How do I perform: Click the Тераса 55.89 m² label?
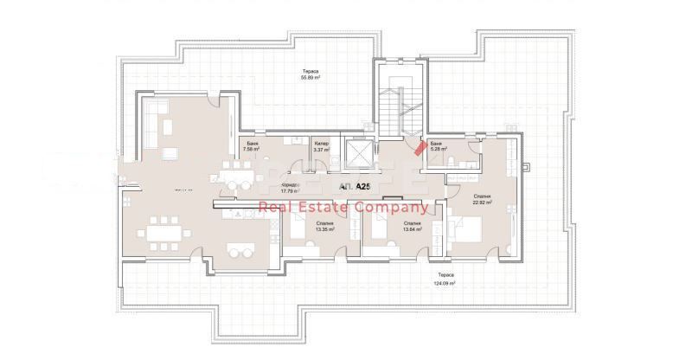[x=311, y=74]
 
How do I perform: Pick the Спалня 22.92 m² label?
[x=483, y=200]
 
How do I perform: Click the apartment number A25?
[x=356, y=186]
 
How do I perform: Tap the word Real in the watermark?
[x=278, y=208]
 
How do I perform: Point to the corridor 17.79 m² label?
[x=290, y=189]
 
